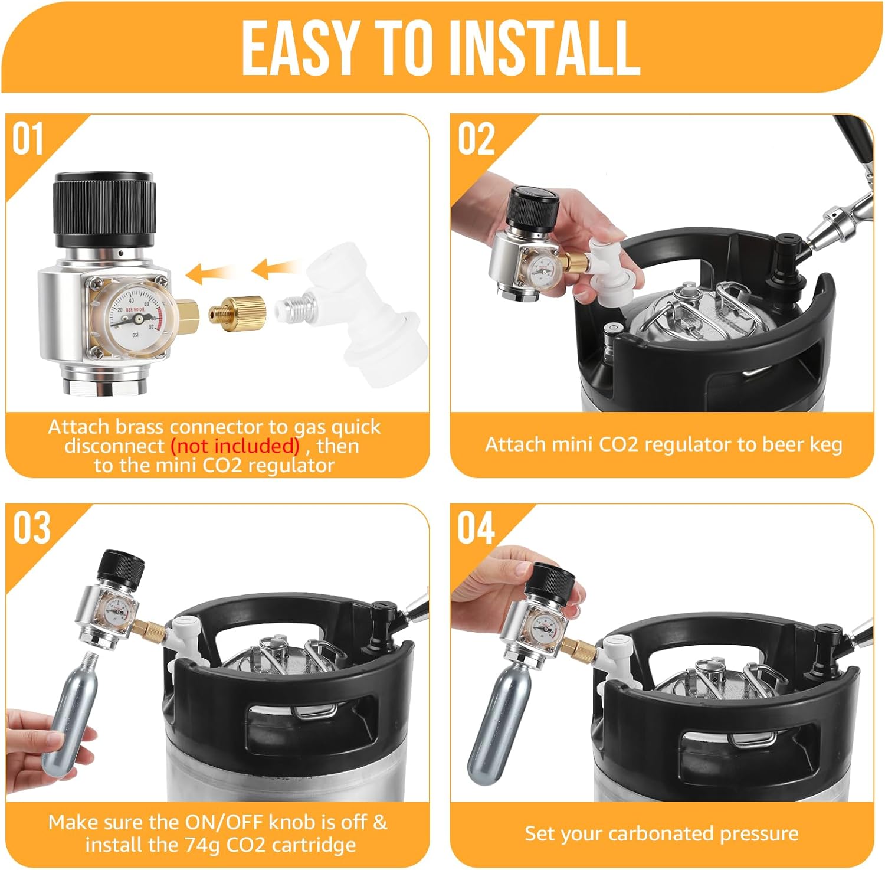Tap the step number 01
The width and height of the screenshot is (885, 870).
click(28, 140)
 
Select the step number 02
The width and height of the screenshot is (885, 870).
click(476, 140)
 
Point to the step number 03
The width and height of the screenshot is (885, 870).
click(31, 528)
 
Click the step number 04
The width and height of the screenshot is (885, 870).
click(476, 528)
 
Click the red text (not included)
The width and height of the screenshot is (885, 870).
click(235, 446)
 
